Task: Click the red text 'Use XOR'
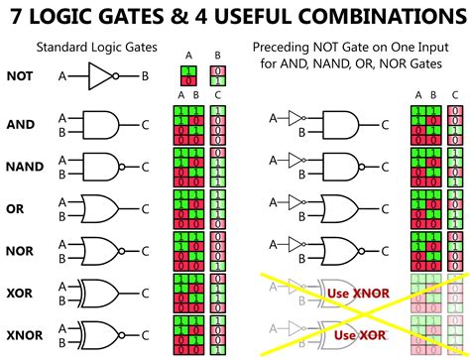(x=360, y=336)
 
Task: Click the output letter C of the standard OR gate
(x=147, y=208)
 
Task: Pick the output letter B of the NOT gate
(x=145, y=75)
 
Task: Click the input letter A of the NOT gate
(x=63, y=75)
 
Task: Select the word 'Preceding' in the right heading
(x=279, y=47)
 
